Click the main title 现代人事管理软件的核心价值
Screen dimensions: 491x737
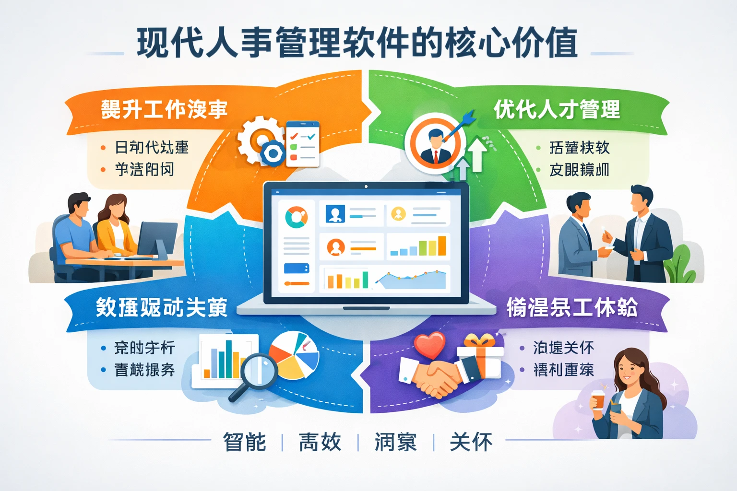click(x=357, y=43)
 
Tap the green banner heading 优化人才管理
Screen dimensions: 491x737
click(x=557, y=110)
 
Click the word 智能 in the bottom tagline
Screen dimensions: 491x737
click(x=244, y=442)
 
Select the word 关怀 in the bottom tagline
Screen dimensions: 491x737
click(x=471, y=442)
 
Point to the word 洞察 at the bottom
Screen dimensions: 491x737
click(x=395, y=442)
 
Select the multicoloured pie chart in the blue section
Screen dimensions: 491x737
click(x=294, y=355)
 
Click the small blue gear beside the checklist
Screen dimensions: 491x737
click(x=273, y=153)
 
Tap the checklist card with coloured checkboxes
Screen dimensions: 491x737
click(x=303, y=144)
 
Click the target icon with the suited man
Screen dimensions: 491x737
click(x=435, y=143)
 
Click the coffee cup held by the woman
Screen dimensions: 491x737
click(x=597, y=399)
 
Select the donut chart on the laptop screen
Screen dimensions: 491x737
click(x=296, y=217)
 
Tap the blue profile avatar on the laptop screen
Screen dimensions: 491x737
click(x=335, y=213)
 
